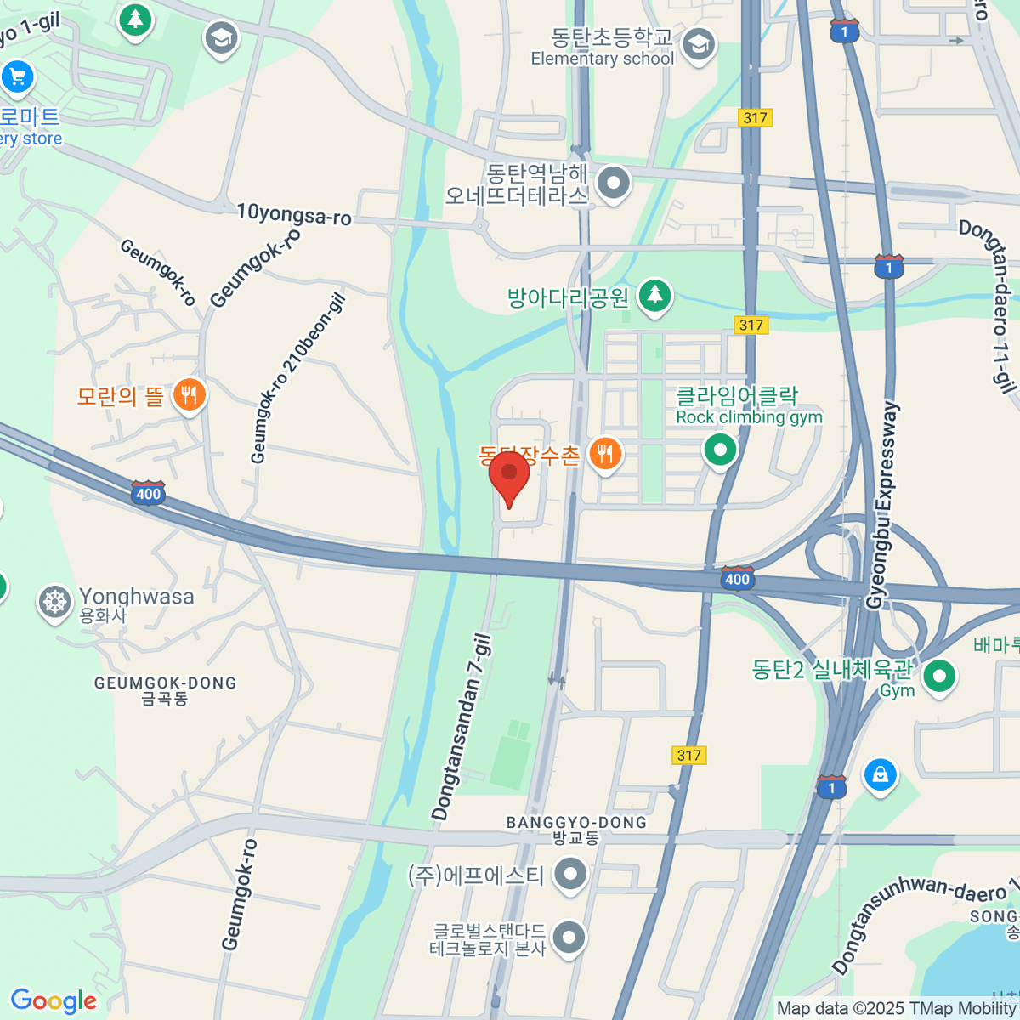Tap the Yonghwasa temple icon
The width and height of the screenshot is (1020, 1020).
(x=54, y=602)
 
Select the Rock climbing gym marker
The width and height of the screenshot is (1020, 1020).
(x=720, y=448)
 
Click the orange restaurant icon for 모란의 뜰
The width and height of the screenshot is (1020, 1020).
(x=189, y=395)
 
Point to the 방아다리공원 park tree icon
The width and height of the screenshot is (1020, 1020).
(x=654, y=296)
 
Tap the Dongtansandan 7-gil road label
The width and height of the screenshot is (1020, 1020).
(x=462, y=728)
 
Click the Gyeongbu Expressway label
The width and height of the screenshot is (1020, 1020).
(x=881, y=505)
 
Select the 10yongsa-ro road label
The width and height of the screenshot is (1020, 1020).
(x=293, y=213)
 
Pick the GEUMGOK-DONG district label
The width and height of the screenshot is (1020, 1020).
(x=165, y=683)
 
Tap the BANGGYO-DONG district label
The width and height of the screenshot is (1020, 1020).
(x=576, y=823)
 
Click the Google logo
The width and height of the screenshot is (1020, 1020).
(x=54, y=1000)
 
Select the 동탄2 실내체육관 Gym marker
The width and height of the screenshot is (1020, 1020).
(x=939, y=677)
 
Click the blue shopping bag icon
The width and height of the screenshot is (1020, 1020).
(x=880, y=774)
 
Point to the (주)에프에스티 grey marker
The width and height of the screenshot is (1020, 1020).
(x=569, y=873)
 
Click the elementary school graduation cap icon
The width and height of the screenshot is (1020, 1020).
(x=699, y=46)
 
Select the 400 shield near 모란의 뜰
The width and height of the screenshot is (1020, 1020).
(x=148, y=493)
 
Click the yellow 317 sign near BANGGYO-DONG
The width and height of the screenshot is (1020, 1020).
(x=688, y=755)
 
